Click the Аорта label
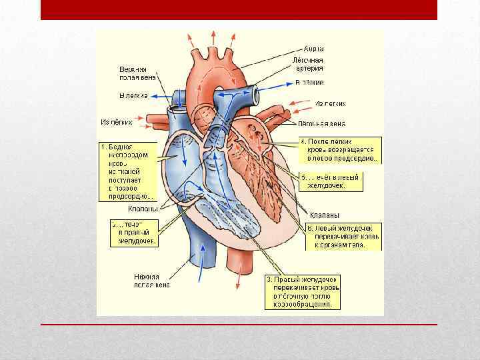point(313,49)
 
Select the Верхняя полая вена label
point(133,73)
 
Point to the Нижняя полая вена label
point(151,281)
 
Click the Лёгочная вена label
point(321,124)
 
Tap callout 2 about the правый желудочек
point(135,233)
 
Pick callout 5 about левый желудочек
point(330,181)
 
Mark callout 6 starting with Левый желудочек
point(343,237)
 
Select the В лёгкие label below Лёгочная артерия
point(309,83)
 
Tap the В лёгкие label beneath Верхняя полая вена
point(133,96)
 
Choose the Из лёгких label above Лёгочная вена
point(330,104)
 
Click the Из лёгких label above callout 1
point(117,122)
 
